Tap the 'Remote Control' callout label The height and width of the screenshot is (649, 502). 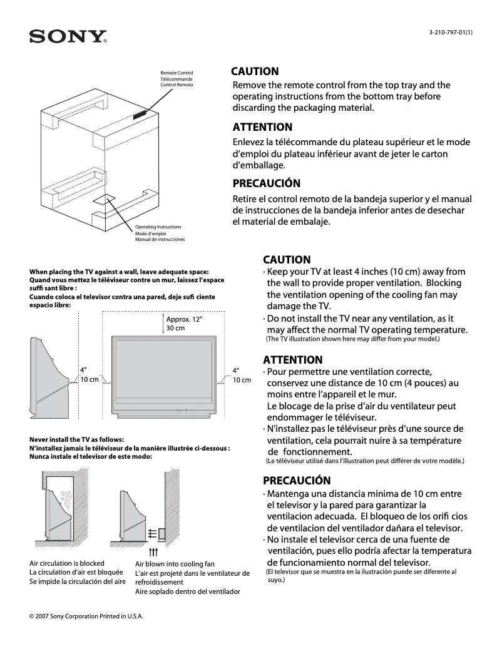pos(177,73)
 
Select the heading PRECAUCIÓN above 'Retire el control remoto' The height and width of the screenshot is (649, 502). pos(266,183)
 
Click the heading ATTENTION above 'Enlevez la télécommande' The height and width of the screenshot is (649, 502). pos(262,127)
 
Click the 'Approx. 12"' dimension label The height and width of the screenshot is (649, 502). pos(185,319)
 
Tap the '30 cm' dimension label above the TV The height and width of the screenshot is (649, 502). pos(175,329)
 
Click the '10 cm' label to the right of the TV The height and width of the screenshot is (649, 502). pos(242,380)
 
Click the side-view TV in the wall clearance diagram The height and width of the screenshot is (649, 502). pos(49,376)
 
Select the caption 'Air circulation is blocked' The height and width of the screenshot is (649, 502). pos(67,563)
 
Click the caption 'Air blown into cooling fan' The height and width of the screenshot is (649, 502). pos(175,564)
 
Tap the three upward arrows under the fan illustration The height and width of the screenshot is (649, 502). pos(153,553)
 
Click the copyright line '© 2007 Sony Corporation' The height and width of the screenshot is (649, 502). pos(86,616)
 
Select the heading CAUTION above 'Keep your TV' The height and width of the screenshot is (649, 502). pos(286,259)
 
